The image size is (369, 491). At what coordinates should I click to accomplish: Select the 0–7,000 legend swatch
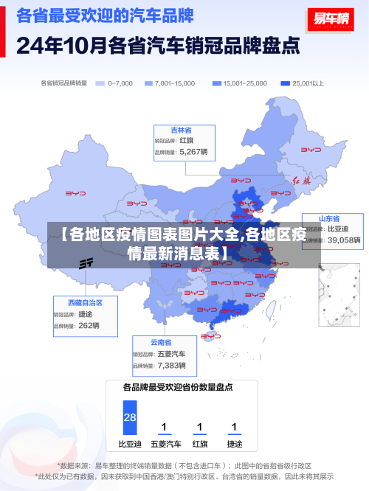click(x=100, y=83)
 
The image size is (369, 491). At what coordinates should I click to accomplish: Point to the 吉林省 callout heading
click(x=182, y=129)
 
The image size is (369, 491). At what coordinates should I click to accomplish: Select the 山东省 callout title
click(x=329, y=219)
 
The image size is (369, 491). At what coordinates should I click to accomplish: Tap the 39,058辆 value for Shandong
click(x=344, y=240)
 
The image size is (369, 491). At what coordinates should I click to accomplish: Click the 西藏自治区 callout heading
click(x=85, y=302)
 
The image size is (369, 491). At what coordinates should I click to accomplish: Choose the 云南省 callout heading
click(x=161, y=342)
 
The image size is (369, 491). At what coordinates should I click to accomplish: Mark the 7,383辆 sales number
click(x=172, y=365)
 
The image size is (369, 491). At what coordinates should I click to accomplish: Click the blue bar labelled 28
click(x=130, y=417)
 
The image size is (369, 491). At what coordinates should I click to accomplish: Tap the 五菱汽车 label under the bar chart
click(x=165, y=445)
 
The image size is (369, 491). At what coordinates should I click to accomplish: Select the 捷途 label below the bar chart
click(x=234, y=445)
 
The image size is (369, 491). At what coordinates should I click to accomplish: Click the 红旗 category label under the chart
click(x=199, y=445)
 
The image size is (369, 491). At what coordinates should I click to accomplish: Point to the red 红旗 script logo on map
click(x=302, y=180)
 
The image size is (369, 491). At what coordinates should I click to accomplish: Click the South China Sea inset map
click(x=338, y=294)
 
